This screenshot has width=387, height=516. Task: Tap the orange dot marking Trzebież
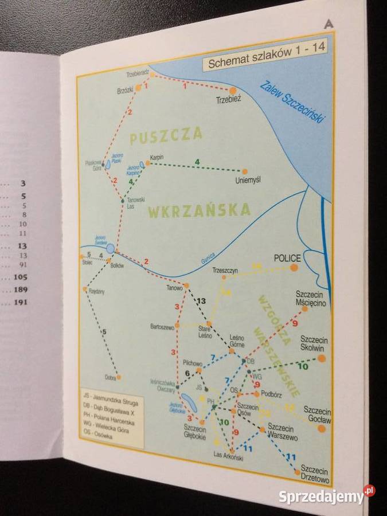[233, 91]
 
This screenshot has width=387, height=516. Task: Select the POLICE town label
[287, 258]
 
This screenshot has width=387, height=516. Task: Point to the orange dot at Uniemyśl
[245, 171]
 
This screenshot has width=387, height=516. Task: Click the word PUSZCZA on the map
[166, 136]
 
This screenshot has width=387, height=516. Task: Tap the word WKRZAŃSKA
[199, 210]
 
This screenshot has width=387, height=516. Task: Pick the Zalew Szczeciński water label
[292, 101]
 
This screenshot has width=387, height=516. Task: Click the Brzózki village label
[125, 90]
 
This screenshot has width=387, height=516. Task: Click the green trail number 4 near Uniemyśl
[197, 162]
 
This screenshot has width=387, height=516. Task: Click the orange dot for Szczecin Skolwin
[321, 358]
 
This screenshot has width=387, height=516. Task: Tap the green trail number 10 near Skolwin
[303, 366]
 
